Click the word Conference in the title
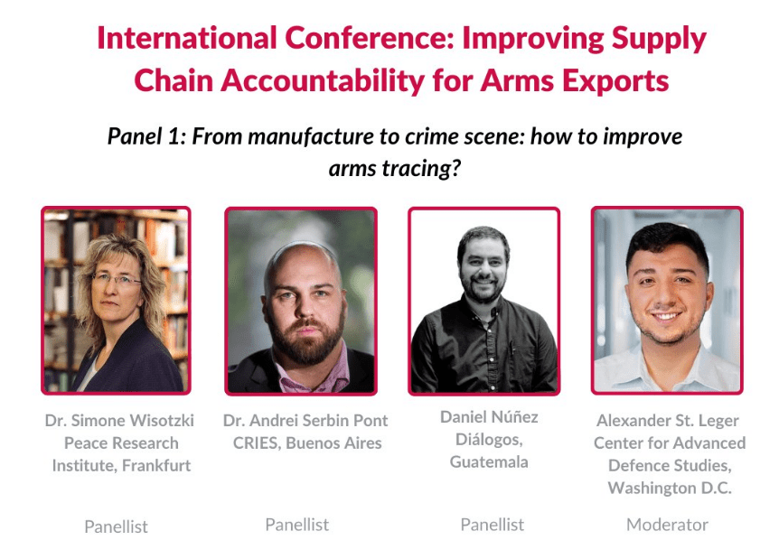click(370, 38)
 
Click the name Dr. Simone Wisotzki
click(119, 421)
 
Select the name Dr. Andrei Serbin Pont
click(305, 421)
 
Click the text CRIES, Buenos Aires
click(307, 442)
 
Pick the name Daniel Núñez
click(489, 417)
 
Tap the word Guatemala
click(489, 462)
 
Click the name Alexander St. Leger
click(668, 421)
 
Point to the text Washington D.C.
click(670, 488)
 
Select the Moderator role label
click(667, 525)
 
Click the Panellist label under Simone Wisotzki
click(117, 526)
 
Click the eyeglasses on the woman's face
click(117, 279)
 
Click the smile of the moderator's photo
click(665, 316)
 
